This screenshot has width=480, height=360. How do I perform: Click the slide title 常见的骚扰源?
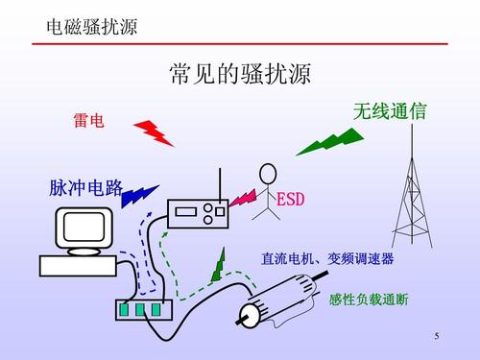coord(240,75)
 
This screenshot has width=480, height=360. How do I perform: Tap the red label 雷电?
coord(87,122)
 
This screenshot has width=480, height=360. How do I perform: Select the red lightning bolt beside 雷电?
coord(153,132)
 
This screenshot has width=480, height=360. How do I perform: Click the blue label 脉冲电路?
coord(85,188)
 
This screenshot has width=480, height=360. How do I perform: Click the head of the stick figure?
coord(267,173)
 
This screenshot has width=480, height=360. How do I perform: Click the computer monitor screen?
coord(84,228)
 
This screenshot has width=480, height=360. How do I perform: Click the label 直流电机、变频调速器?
coord(327,259)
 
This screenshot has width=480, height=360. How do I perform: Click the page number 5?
coord(436,336)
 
